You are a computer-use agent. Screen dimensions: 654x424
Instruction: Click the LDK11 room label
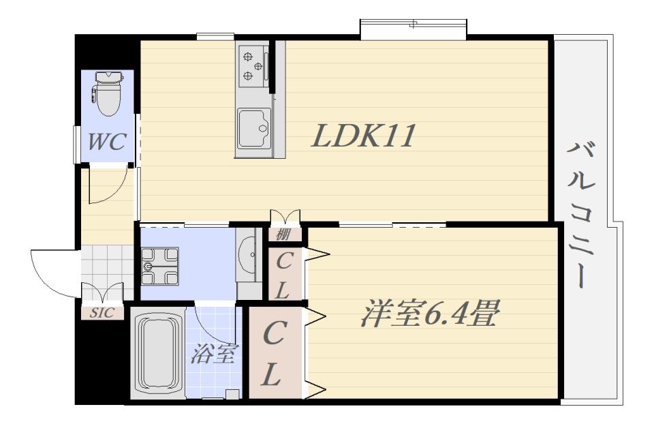[x=364, y=135]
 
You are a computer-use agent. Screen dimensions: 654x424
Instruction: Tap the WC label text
[x=106, y=142]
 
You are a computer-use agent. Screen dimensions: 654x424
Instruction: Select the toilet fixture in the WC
[x=108, y=93]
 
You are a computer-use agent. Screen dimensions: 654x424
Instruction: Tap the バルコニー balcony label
[x=580, y=215]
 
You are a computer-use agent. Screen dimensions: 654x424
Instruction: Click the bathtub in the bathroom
[x=157, y=353]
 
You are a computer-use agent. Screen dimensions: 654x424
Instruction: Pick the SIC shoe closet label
[x=103, y=313]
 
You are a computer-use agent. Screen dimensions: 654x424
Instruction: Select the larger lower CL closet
[x=275, y=353]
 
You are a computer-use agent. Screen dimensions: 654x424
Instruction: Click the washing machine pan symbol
[x=160, y=267]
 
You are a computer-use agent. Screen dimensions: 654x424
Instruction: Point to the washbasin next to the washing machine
[x=249, y=254]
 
